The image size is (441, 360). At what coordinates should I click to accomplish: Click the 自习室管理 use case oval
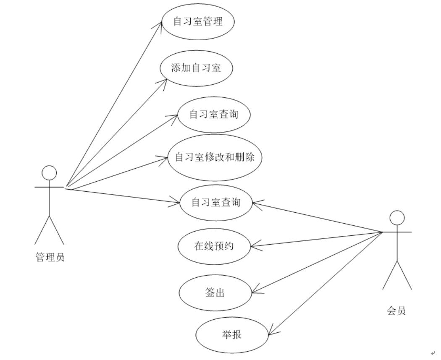[x=198, y=21]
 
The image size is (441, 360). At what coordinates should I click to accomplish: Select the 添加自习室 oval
[x=196, y=68]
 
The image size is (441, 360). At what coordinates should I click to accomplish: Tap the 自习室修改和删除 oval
[x=215, y=157]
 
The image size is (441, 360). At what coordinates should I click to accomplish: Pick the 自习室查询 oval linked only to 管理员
[x=214, y=115]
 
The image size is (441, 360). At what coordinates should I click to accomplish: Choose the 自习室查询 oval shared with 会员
[x=216, y=203]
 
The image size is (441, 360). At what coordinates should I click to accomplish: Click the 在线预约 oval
[x=214, y=246]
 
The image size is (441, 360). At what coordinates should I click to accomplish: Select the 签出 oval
[x=215, y=292]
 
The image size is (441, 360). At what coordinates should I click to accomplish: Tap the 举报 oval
[x=232, y=335]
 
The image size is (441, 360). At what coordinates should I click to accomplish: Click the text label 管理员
[x=50, y=257]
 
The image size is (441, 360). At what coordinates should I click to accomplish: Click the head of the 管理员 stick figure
[x=50, y=173]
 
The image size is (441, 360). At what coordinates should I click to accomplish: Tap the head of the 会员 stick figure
[x=397, y=218]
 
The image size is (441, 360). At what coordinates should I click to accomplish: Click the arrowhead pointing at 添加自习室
[x=164, y=79]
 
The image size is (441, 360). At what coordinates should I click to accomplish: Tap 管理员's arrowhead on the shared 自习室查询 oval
[x=177, y=203]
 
